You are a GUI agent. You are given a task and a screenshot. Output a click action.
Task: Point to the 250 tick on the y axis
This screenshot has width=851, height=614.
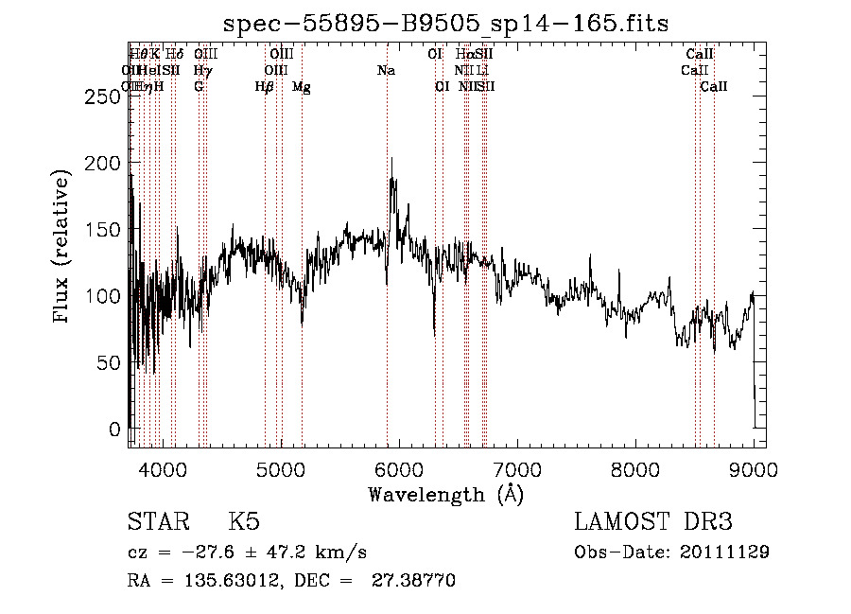113,96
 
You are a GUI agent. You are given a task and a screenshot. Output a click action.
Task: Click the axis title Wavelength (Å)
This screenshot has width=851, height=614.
445,494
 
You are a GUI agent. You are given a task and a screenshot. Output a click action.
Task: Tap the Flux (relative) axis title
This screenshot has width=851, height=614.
63,248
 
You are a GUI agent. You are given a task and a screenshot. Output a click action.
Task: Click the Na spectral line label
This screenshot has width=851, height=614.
386,71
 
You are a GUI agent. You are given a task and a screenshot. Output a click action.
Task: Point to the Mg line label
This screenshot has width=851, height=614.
302,87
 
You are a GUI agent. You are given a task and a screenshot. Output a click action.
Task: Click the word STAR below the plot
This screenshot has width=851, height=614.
157,522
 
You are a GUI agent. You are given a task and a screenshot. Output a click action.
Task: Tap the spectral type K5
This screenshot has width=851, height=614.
243,522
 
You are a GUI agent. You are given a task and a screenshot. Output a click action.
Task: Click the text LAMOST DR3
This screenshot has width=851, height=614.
653,522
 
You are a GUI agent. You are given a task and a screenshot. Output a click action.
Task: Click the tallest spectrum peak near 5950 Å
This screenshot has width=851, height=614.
392,159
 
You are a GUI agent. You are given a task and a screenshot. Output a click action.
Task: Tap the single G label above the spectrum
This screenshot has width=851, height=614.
199,87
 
